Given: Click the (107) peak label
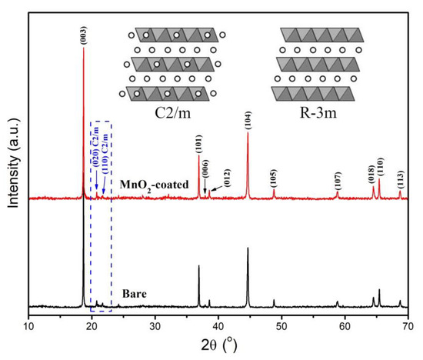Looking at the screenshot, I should (337, 179).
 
